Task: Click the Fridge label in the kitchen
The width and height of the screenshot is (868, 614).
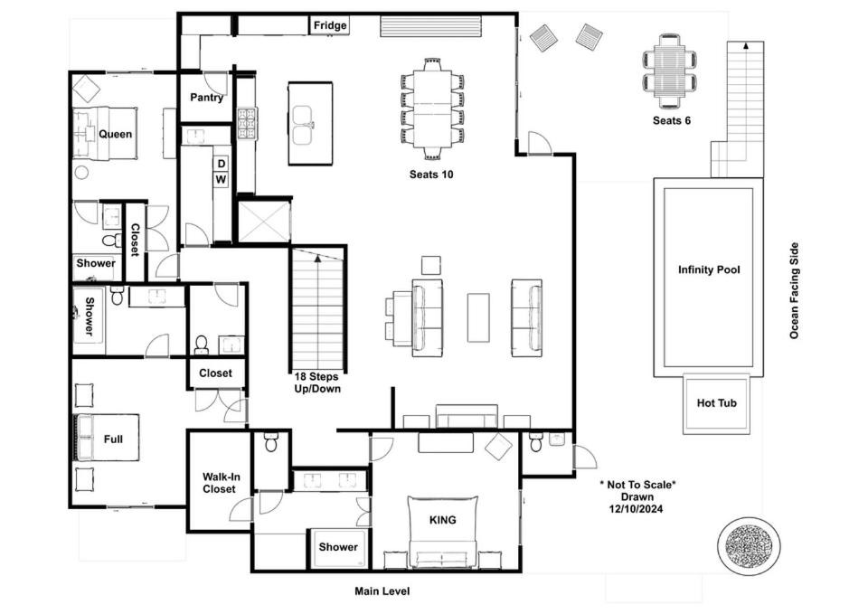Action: pyautogui.click(x=330, y=25)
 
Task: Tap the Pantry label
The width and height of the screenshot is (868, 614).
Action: pyautogui.click(x=206, y=98)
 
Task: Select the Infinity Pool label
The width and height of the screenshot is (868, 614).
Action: pyautogui.click(x=709, y=270)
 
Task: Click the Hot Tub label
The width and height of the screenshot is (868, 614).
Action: pyautogui.click(x=717, y=403)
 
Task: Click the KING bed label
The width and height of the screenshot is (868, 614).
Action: pyautogui.click(x=443, y=520)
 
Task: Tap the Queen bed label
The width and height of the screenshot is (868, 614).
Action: pyautogui.click(x=116, y=134)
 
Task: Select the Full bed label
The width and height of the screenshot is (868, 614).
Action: pyautogui.click(x=114, y=439)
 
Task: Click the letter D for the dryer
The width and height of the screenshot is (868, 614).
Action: pyautogui.click(x=222, y=164)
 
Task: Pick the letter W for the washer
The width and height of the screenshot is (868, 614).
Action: pyautogui.click(x=221, y=179)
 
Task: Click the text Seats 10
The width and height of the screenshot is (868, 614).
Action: pyautogui.click(x=431, y=175)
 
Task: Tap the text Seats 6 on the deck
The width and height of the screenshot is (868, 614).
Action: pyautogui.click(x=672, y=120)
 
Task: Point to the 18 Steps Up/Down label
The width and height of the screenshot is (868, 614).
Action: pyautogui.click(x=317, y=383)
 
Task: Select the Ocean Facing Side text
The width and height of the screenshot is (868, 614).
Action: pyautogui.click(x=795, y=290)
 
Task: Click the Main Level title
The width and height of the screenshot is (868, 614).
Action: pyautogui.click(x=382, y=591)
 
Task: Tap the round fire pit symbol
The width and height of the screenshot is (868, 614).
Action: pyautogui.click(x=749, y=544)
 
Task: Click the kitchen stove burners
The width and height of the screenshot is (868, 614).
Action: pyautogui.click(x=248, y=124)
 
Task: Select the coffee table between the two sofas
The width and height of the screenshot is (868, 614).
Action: pyautogui.click(x=478, y=317)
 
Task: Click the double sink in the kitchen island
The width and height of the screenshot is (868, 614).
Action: pyautogui.click(x=303, y=125)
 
